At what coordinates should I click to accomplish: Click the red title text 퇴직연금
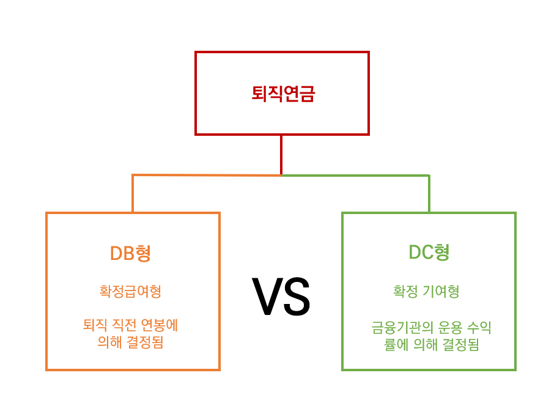coord(282,94)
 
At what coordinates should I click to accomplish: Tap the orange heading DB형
coord(130,253)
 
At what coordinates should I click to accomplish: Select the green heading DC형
coord(429,253)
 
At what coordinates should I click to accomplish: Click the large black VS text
coord(281,297)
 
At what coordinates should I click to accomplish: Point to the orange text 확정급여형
coord(130,291)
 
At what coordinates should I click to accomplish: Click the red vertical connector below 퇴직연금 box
coord(281,154)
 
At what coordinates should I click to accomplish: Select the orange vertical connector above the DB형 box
coord(133,194)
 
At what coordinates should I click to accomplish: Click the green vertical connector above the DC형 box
coord(429,194)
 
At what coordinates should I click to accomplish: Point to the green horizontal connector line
coord(355,176)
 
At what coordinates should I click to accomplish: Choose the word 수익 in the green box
coord(479,328)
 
